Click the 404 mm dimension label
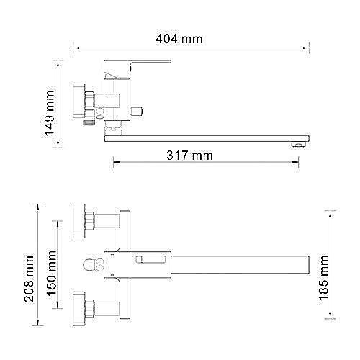tap(179, 39)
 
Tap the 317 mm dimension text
tap(189, 156)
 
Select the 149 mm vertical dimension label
tap(50, 113)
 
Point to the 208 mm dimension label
tap(29, 279)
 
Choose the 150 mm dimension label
tap(52, 274)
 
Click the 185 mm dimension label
tap(323, 278)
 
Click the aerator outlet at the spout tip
tap(298, 144)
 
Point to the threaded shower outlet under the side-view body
tap(89, 122)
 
